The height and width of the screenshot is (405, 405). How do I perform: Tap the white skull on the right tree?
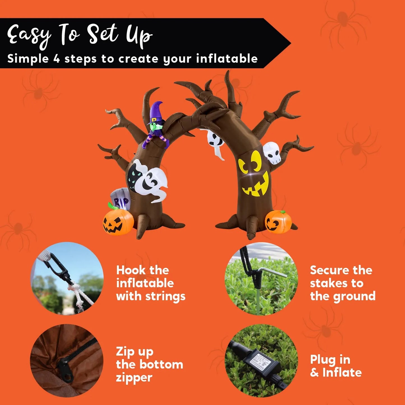(272, 153)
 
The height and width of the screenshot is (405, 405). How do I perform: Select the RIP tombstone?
(121, 199)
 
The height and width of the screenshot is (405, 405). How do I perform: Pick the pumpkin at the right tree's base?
(278, 221)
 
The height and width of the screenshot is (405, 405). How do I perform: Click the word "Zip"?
(124, 352)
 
